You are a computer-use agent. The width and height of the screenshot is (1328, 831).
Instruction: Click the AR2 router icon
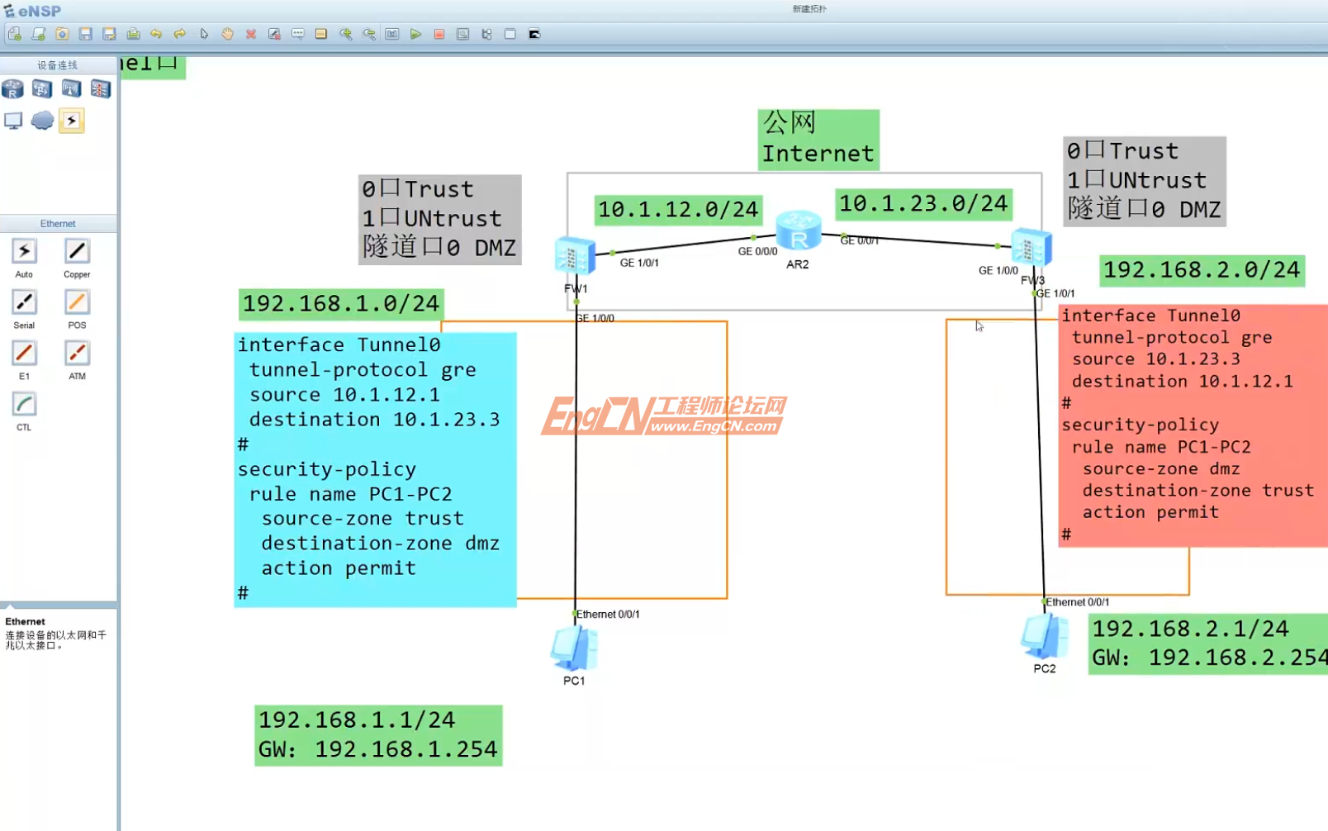click(x=798, y=231)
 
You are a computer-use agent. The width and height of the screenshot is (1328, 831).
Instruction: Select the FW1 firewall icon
click(x=575, y=255)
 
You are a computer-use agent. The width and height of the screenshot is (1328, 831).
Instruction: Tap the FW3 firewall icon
click(x=1031, y=248)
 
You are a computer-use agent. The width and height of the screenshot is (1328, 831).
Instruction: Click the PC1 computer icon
click(x=574, y=648)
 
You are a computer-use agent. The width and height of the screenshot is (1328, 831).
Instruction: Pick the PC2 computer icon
click(x=1044, y=637)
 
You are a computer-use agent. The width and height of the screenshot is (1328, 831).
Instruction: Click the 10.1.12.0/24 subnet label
click(x=678, y=210)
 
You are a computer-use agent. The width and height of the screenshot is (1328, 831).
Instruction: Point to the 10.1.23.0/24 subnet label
click(x=923, y=203)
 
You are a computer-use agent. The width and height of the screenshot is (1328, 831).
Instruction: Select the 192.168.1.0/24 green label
click(x=341, y=304)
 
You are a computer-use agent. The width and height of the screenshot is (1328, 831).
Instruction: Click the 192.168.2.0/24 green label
click(x=1202, y=270)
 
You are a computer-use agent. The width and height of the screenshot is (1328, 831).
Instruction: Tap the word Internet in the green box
click(x=818, y=154)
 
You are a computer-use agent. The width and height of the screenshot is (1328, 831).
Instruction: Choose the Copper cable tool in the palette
click(x=77, y=251)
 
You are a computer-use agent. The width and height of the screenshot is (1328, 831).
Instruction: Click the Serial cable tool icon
click(x=24, y=302)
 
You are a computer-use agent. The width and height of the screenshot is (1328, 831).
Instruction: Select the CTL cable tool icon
click(x=24, y=405)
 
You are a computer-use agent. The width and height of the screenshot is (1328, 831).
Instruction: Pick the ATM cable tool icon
click(x=77, y=354)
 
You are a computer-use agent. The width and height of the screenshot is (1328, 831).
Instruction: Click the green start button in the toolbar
click(x=415, y=34)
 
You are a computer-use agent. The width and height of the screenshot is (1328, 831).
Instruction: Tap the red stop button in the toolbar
click(x=439, y=34)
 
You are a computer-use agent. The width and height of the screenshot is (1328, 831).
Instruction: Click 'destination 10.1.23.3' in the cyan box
click(x=374, y=420)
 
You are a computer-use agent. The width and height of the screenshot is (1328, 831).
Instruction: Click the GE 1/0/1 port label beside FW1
click(x=639, y=263)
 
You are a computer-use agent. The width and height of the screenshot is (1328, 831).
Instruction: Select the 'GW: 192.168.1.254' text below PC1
click(x=377, y=749)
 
